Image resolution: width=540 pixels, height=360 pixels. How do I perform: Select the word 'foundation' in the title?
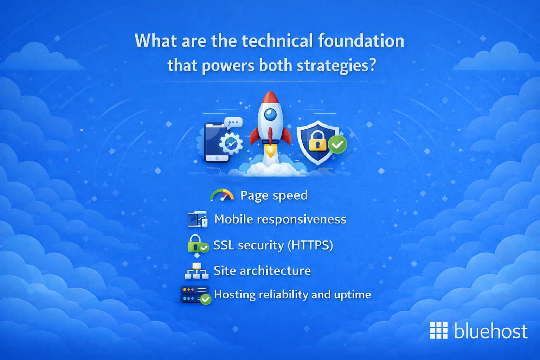coord(361,41)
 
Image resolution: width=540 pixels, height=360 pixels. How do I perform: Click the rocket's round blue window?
coord(270,114)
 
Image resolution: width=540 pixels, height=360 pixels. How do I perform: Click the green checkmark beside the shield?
coord(337,144)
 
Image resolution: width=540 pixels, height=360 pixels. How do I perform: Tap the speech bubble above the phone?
coord(234,123)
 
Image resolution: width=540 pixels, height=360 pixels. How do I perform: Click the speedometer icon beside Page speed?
coord(222,195)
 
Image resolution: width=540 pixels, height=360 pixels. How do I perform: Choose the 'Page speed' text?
coord(274,195)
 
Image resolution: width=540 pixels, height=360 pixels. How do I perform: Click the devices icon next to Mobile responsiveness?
coord(197,219)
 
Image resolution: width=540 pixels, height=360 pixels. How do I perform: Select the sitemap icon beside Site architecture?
coord(197,271)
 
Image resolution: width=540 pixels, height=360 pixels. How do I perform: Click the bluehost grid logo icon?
coord(439,330)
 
